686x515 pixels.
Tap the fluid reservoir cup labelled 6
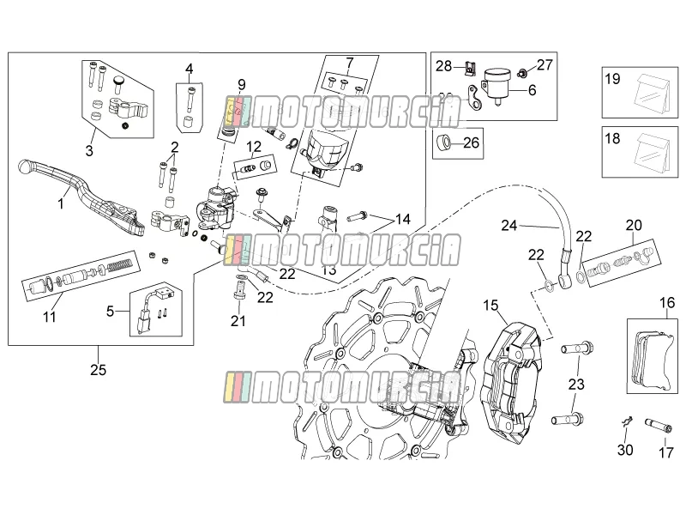(497, 84)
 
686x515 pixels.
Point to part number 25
(98, 370)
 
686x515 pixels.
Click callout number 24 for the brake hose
(508, 226)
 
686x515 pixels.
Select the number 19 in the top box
(612, 79)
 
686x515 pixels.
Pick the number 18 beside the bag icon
(612, 138)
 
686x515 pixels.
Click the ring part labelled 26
(443, 142)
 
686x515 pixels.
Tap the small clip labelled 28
(471, 68)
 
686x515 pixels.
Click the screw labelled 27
(521, 72)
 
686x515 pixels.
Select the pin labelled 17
(659, 425)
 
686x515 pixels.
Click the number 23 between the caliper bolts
(576, 384)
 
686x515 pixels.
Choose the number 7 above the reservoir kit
(349, 63)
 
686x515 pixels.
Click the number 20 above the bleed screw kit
(634, 225)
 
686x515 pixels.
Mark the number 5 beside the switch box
(110, 311)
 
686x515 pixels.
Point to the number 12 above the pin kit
(254, 146)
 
